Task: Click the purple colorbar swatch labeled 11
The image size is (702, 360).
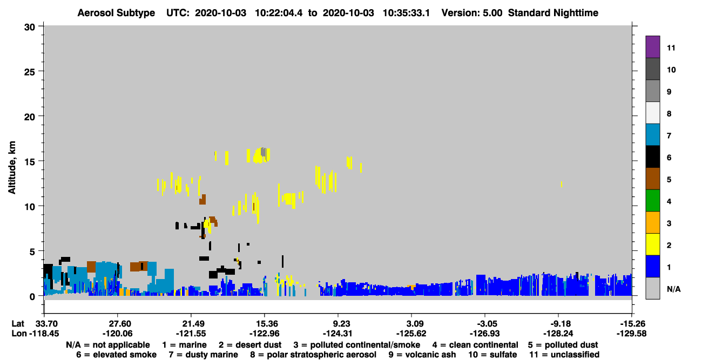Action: [x=652, y=46]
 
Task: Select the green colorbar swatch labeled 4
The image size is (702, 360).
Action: [x=652, y=201]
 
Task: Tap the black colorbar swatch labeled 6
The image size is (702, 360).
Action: [x=652, y=157]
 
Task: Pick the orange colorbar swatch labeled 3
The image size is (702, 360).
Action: [x=652, y=222]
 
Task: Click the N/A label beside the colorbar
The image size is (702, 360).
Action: [x=673, y=289]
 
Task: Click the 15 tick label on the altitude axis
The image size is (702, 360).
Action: [x=30, y=162]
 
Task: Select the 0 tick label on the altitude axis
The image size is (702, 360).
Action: [x=32, y=297]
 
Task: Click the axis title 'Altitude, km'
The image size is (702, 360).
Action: [x=11, y=168]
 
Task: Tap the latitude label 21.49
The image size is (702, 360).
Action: [x=191, y=324]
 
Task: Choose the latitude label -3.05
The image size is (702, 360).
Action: [x=485, y=324]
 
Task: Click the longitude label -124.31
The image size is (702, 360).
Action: [x=338, y=334]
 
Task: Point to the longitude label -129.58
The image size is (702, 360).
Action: [x=631, y=334]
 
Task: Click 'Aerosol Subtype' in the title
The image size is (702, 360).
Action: [x=116, y=13]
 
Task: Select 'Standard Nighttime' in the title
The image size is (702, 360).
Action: [x=553, y=13]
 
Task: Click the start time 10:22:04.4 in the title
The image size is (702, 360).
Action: [x=279, y=13]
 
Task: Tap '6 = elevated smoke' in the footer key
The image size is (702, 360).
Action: [x=116, y=355]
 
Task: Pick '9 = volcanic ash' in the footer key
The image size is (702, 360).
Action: [x=422, y=355]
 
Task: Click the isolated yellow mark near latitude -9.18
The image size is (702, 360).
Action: [x=561, y=184]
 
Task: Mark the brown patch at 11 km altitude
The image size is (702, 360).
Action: [x=202, y=200]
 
